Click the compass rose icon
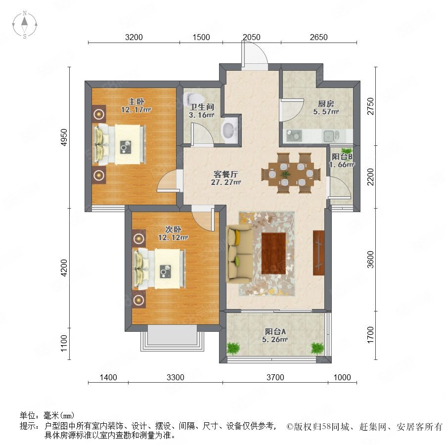point(25,25)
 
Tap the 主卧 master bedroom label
point(136,101)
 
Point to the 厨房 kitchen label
point(326,104)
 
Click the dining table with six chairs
point(291,173)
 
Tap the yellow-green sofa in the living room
point(239,254)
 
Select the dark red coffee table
point(273,254)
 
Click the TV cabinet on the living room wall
point(318,253)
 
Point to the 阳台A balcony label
point(275,331)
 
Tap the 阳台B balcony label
point(342,156)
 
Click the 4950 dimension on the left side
point(64,137)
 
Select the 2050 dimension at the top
point(252,37)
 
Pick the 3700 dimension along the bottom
point(275,377)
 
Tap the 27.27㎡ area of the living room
point(226,182)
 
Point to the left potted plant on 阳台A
point(233,348)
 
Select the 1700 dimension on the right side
point(370,335)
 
